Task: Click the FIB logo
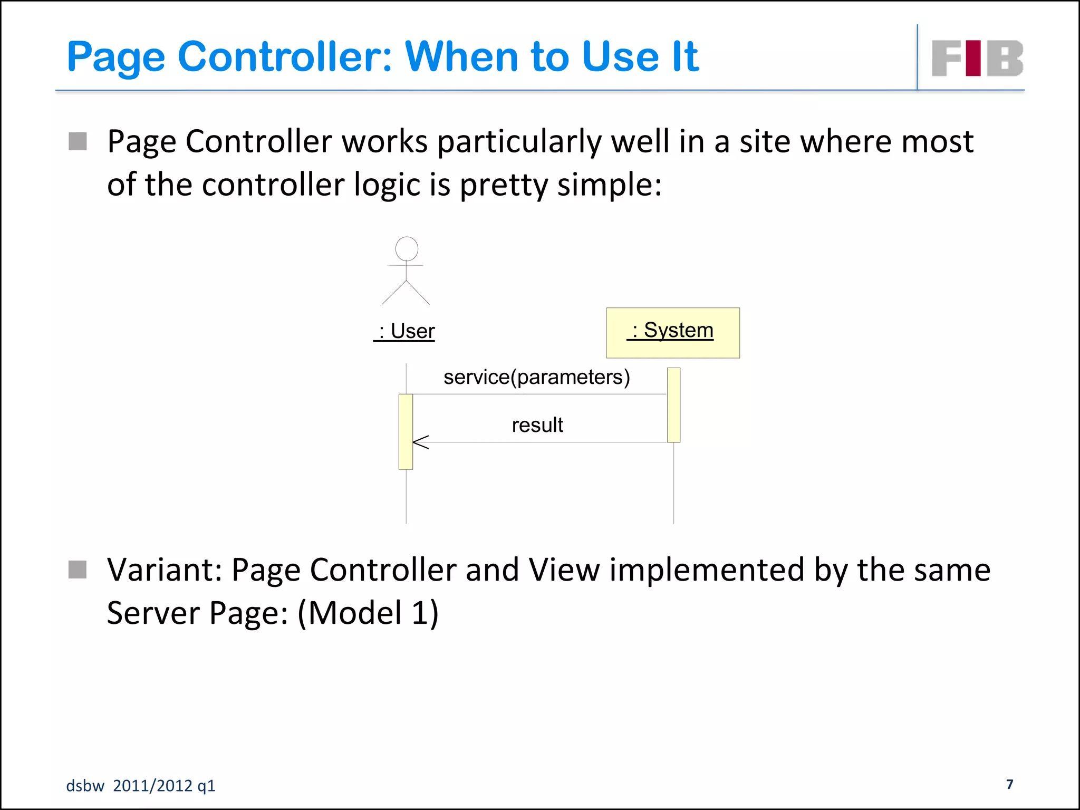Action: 977,58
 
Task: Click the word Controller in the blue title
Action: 285,56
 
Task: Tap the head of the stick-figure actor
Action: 407,248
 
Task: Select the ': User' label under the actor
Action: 404,331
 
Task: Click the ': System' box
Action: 672,333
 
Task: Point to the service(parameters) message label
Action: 536,377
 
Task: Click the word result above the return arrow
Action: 537,425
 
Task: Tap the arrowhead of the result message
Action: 420,442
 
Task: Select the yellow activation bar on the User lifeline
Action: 406,431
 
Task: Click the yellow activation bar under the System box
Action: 673,404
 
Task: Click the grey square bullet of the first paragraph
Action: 78,141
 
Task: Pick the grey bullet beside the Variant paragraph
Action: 78,570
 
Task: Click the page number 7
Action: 1009,784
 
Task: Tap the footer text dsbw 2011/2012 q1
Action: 140,786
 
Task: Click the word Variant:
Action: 165,571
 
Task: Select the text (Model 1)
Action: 368,613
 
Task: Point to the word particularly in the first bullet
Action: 519,142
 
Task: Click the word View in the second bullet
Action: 564,571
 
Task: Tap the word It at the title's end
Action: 685,56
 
